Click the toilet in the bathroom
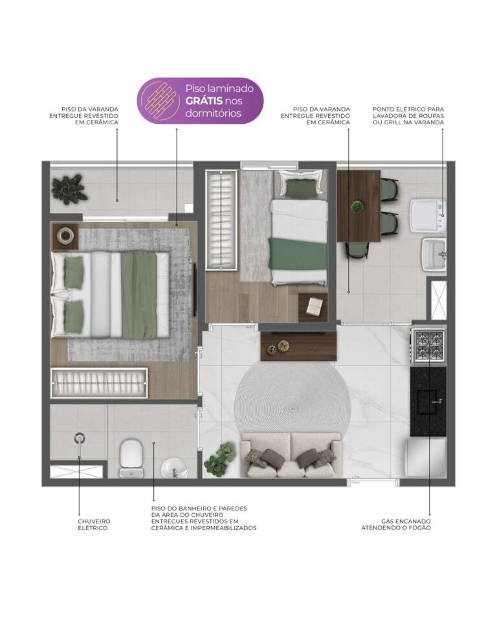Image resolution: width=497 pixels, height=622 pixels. [131, 458]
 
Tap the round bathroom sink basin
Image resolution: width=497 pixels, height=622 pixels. [174, 468]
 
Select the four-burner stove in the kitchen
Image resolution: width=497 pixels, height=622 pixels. [429, 346]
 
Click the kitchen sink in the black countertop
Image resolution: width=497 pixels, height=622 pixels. [427, 402]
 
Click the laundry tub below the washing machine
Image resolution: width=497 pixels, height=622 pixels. [434, 254]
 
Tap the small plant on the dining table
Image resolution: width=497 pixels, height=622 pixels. [357, 207]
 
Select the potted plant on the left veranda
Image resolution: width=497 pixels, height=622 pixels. [69, 188]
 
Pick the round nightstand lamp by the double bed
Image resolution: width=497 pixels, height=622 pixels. [65, 236]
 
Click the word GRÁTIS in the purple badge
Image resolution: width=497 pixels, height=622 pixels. [204, 101]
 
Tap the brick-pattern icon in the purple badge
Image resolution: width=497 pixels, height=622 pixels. [161, 100]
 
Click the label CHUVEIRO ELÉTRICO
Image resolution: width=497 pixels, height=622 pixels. [94, 524]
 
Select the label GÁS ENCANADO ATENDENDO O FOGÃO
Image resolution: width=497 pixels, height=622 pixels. [396, 524]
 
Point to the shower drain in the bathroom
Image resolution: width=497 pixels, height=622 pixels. [79, 438]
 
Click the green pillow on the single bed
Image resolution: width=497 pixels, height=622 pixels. [301, 189]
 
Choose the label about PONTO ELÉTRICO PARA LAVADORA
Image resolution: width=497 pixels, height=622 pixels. [408, 115]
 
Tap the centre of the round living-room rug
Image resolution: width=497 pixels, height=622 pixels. [293, 408]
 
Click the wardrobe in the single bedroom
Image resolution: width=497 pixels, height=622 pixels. [221, 220]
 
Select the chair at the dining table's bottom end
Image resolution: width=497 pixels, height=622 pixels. [357, 249]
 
